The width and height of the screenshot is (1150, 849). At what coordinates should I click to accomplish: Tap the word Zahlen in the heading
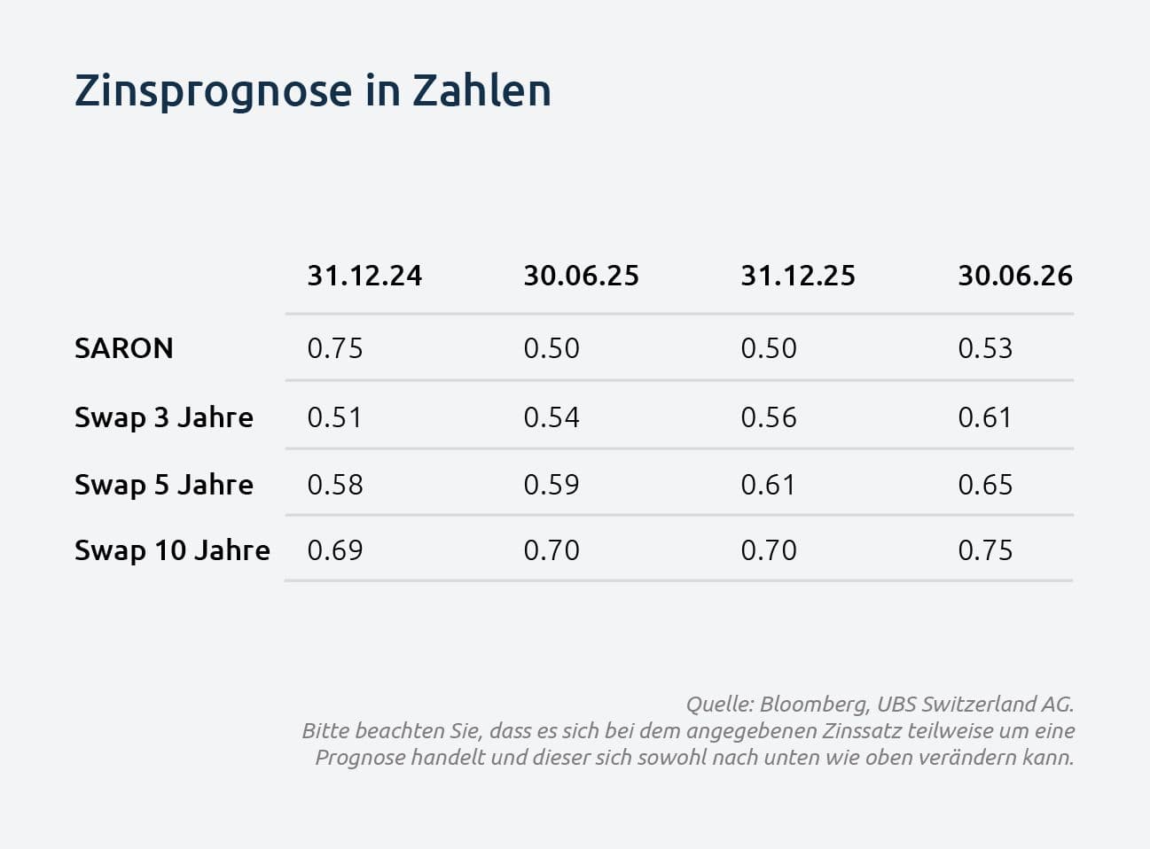pyautogui.click(x=481, y=90)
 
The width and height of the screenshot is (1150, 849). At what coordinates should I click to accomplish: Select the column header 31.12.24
pyautogui.click(x=364, y=276)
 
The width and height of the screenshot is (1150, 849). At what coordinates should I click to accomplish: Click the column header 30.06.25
pyautogui.click(x=582, y=276)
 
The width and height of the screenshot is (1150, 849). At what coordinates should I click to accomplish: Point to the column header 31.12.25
pyautogui.click(x=798, y=276)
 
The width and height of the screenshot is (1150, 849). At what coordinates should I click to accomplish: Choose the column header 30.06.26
pyautogui.click(x=1015, y=276)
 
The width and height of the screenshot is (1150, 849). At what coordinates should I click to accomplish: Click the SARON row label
pyautogui.click(x=124, y=347)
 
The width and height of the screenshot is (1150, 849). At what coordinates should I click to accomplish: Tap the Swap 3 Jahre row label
pyautogui.click(x=164, y=417)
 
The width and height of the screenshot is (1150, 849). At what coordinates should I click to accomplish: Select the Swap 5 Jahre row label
pyautogui.click(x=164, y=485)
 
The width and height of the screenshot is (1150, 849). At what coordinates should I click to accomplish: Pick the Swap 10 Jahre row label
pyautogui.click(x=172, y=550)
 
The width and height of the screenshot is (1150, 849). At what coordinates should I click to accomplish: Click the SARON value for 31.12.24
pyautogui.click(x=335, y=348)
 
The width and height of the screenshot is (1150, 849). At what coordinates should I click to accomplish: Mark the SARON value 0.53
pyautogui.click(x=985, y=348)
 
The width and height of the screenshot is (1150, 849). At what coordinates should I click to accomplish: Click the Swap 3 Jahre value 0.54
pyautogui.click(x=552, y=417)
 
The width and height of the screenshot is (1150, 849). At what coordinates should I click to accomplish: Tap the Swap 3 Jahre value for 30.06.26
pyautogui.click(x=984, y=417)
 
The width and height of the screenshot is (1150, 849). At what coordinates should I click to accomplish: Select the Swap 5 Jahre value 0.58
pyautogui.click(x=335, y=485)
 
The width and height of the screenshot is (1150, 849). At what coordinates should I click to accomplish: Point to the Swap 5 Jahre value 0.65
pyautogui.click(x=985, y=485)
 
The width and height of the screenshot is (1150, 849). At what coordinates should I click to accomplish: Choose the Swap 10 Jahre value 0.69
pyautogui.click(x=335, y=550)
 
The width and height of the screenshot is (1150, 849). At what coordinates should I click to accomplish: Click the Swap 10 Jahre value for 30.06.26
pyautogui.click(x=985, y=550)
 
